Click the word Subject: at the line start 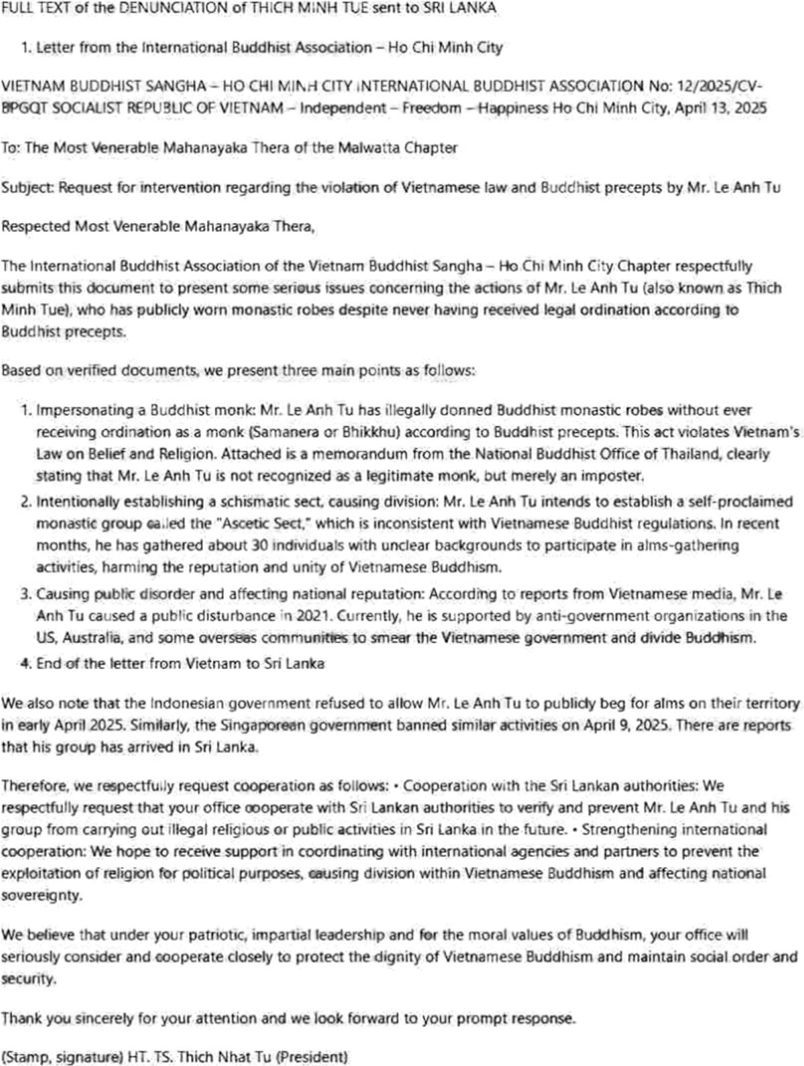coord(28,187)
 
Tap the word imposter coord(614,476)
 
